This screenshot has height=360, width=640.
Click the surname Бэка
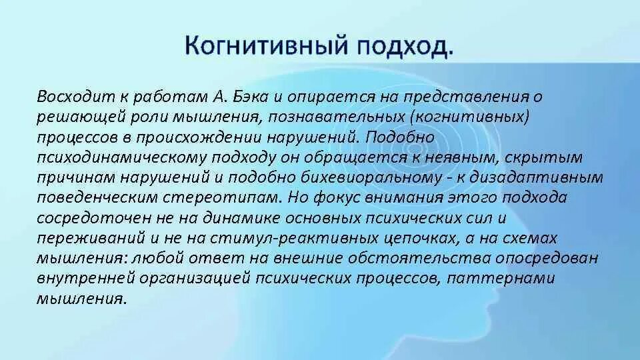coord(255,96)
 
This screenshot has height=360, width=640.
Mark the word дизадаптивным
coord(549,177)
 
